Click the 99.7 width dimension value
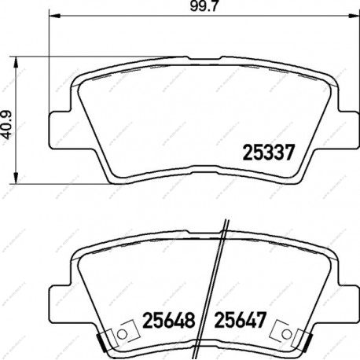coord(204,6)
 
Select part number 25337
coord(269,152)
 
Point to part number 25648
coord(169,320)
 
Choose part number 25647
coord(241,320)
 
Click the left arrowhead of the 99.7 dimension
coord(54,17)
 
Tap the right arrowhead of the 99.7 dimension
coord(353,17)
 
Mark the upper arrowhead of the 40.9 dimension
coord(17,62)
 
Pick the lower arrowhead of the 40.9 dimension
coord(17,178)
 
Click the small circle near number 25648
coord(122,334)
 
